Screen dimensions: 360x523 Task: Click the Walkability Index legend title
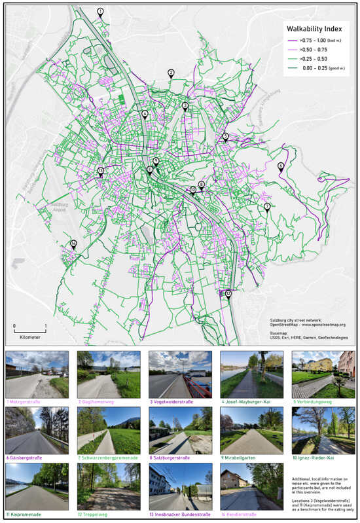[x=314, y=29]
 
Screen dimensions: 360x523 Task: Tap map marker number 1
[x=100, y=12]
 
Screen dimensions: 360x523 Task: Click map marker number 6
[x=281, y=166]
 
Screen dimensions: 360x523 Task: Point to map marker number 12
[x=228, y=295]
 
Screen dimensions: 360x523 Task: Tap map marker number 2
[x=171, y=73]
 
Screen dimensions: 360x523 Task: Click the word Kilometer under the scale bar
[x=29, y=336]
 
